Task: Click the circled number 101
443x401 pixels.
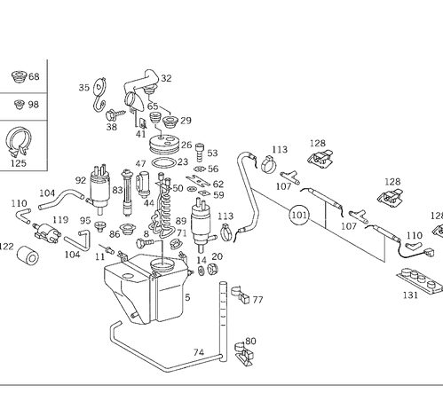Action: tap(299, 215)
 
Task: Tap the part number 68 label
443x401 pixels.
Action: tap(34, 76)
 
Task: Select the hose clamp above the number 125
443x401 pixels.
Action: tap(19, 142)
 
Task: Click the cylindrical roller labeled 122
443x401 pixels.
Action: tap(28, 255)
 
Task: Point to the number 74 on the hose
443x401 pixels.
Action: tap(199, 352)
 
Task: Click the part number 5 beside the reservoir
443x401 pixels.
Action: tap(187, 297)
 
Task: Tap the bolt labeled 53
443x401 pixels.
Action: tap(200, 153)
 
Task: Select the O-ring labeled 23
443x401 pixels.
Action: tap(163, 163)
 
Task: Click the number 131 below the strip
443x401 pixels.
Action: tap(410, 295)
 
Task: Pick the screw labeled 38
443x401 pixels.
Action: tap(115, 114)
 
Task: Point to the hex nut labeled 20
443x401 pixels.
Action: tap(212, 269)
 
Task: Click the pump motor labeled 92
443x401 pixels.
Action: tap(99, 189)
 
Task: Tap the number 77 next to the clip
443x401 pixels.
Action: tap(257, 300)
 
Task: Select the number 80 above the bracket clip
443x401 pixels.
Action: tap(250, 341)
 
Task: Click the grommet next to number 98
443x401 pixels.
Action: tap(20, 104)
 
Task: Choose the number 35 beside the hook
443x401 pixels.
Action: tap(84, 88)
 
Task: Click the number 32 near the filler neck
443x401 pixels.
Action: tap(166, 78)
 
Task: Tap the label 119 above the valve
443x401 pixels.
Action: tap(60, 220)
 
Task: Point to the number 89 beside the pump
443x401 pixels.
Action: tap(181, 221)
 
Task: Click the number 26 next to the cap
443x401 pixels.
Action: tap(186, 145)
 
